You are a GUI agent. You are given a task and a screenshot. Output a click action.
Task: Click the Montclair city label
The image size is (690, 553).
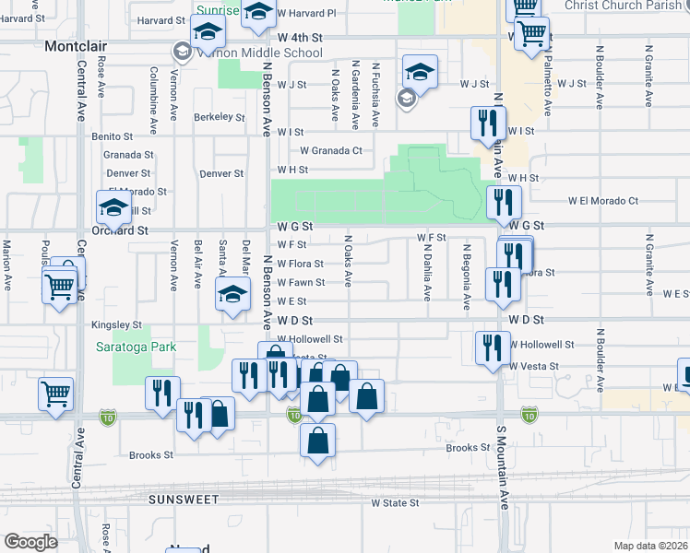[x=77, y=44]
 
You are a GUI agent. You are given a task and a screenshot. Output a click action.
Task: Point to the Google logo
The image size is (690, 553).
[x=30, y=542]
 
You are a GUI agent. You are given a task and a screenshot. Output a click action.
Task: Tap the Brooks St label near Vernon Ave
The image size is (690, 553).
[x=151, y=455]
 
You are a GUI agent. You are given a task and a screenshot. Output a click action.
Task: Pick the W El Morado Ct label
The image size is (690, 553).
[x=602, y=200]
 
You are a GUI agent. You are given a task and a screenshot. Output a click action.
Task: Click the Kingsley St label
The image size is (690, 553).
[x=116, y=325]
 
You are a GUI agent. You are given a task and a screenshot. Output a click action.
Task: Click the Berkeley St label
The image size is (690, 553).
[x=219, y=117]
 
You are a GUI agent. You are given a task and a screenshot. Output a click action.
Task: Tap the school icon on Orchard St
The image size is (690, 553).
[x=113, y=209]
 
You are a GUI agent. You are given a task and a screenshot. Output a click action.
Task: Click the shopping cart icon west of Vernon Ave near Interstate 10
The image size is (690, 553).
[x=55, y=393]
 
